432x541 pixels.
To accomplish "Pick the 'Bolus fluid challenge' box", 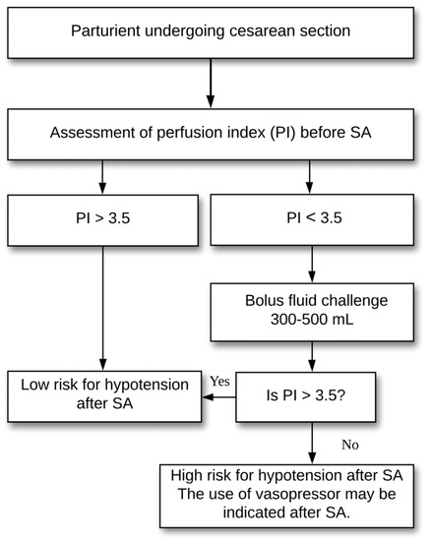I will (x=312, y=312).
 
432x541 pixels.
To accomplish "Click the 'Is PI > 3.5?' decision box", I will (x=313, y=397).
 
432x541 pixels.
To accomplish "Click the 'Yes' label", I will (x=220, y=380).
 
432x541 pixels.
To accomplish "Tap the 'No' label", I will (x=347, y=443).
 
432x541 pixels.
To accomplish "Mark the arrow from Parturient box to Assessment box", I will (x=211, y=83).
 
